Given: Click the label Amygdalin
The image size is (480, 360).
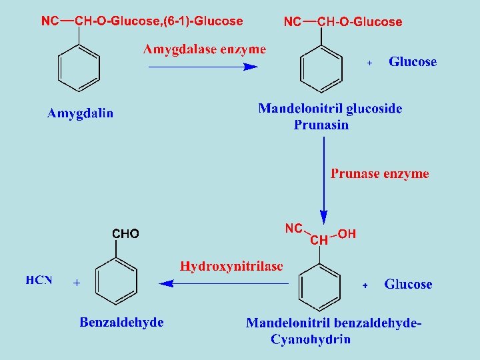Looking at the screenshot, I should pyautogui.click(x=80, y=113).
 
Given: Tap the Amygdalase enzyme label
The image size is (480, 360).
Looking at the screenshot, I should pyautogui.click(x=205, y=49).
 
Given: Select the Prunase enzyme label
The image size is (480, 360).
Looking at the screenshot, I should pyautogui.click(x=380, y=174).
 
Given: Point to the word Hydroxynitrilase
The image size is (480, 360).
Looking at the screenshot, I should pyautogui.click(x=231, y=266).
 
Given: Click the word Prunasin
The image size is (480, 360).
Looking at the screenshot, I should pyautogui.click(x=321, y=125).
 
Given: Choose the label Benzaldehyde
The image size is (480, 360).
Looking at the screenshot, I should pyautogui.click(x=121, y=323).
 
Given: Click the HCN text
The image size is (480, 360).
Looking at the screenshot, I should pyautogui.click(x=39, y=280).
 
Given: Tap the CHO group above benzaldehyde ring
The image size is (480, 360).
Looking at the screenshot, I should pyautogui.click(x=125, y=234).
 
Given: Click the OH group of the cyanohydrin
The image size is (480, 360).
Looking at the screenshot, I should pyautogui.click(x=347, y=234).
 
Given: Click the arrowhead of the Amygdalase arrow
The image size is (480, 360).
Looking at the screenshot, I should pyautogui.click(x=251, y=67).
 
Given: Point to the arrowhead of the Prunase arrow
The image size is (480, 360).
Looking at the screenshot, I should pyautogui.click(x=324, y=217).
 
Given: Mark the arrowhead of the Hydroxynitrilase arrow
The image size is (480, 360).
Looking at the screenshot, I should pyautogui.click(x=165, y=283).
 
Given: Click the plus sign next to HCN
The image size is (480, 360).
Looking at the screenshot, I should pyautogui.click(x=76, y=283).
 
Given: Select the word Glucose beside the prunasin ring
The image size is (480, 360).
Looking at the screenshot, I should pyautogui.click(x=413, y=62).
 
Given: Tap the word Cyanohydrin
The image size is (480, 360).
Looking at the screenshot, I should pyautogui.click(x=311, y=339).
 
